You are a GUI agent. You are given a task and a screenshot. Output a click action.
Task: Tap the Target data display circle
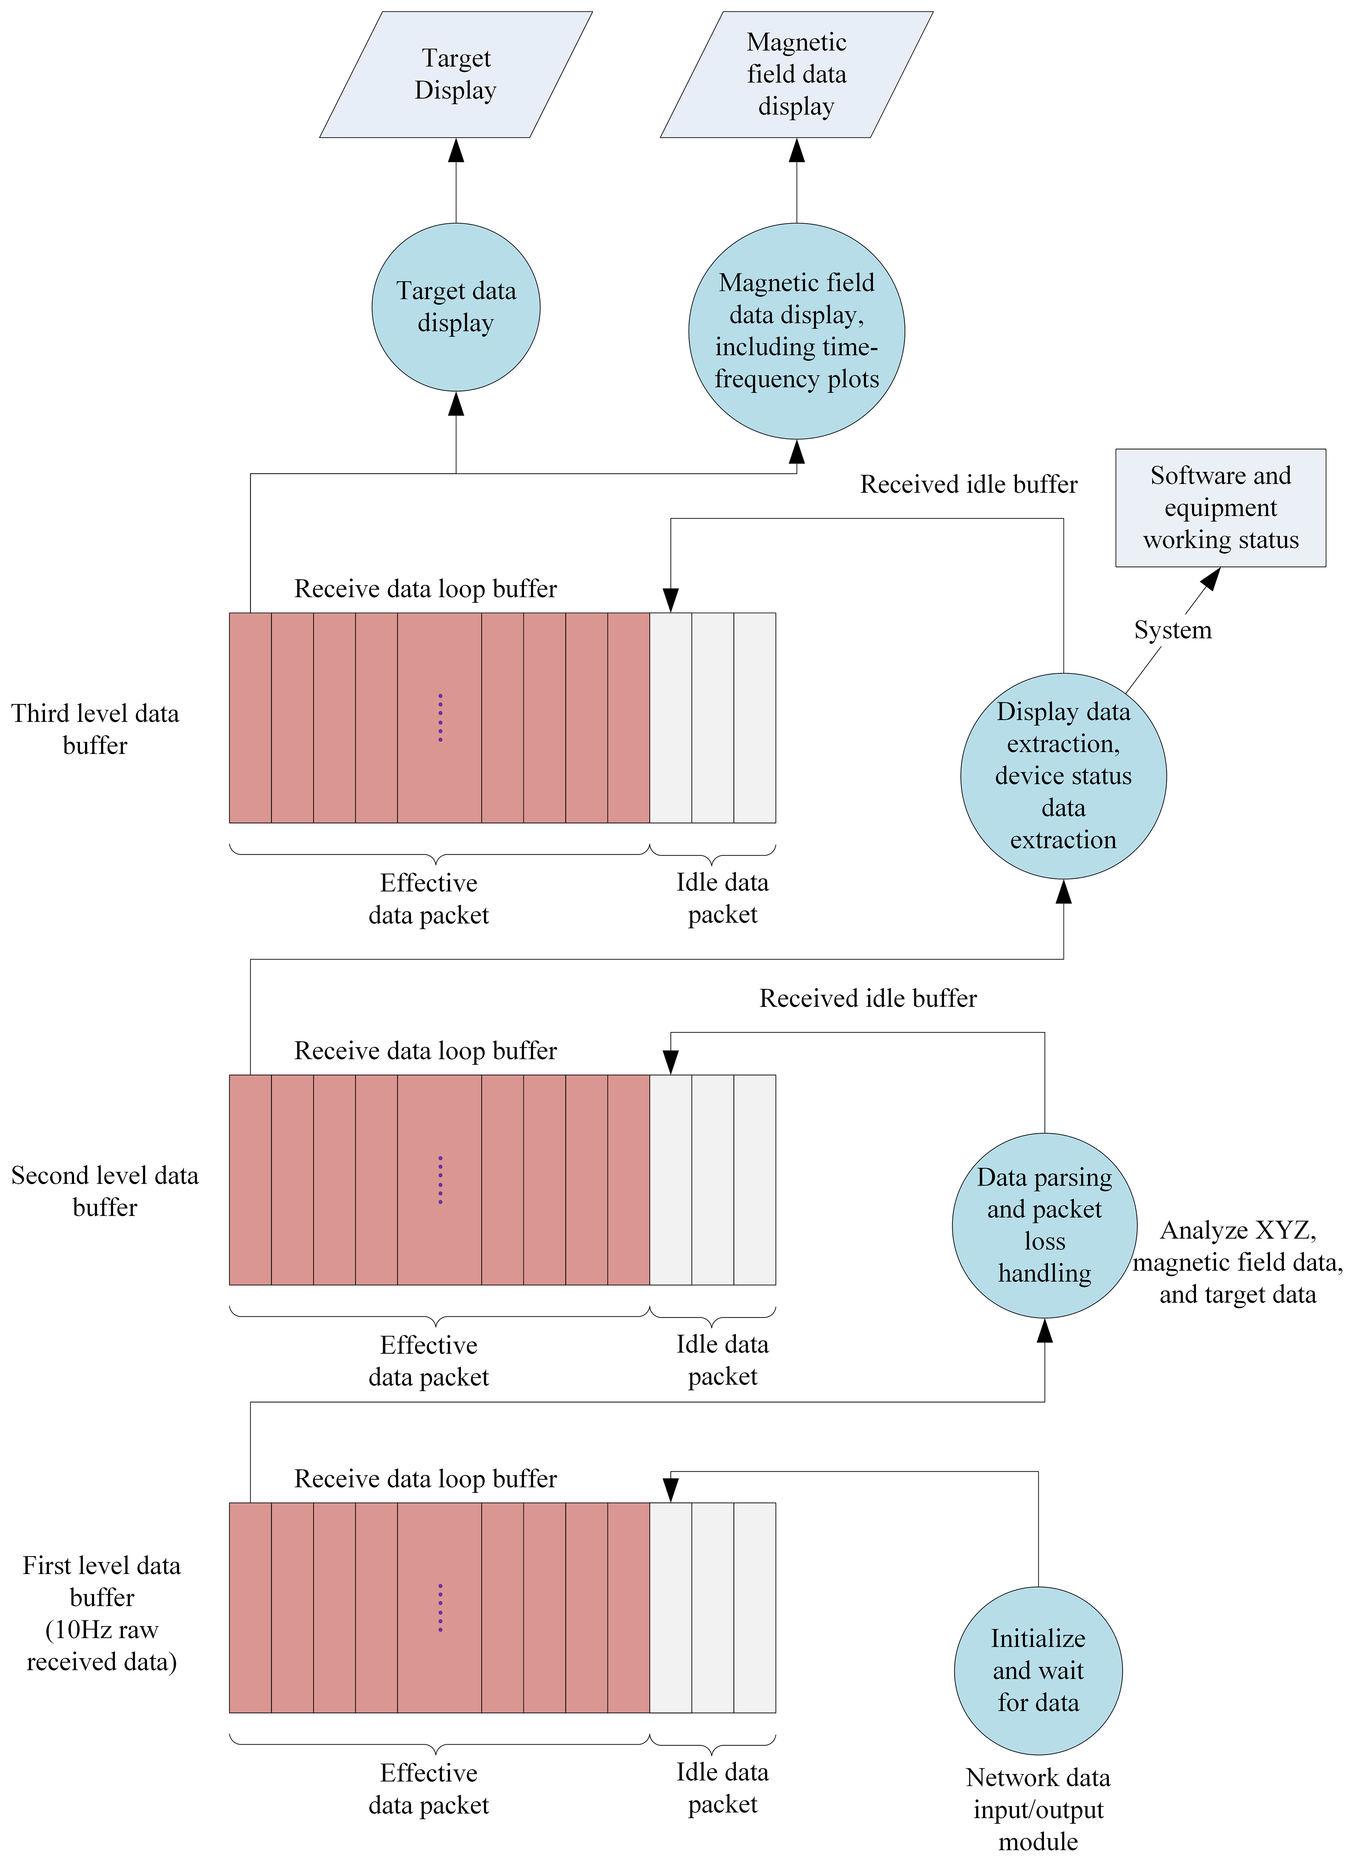(x=456, y=307)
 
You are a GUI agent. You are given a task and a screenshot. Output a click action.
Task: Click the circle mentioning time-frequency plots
(x=797, y=331)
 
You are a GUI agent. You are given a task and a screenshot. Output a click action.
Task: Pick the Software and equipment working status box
(x=1220, y=507)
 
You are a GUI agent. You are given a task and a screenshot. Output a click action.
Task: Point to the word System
(x=1172, y=630)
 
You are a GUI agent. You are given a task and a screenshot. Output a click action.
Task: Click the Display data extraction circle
(x=1063, y=776)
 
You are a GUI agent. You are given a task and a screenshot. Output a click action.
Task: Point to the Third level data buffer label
(x=95, y=729)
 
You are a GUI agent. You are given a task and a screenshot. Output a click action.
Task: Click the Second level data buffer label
(x=105, y=1191)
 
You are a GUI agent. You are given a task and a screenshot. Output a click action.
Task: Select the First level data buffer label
(x=102, y=1613)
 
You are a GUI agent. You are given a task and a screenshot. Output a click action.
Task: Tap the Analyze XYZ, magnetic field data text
(x=1237, y=1262)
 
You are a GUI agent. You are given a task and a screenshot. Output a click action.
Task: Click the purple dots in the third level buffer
(x=440, y=718)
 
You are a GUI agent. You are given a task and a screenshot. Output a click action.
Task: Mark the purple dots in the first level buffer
(x=440, y=1607)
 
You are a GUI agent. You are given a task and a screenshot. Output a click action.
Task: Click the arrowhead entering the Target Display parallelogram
(x=456, y=150)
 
